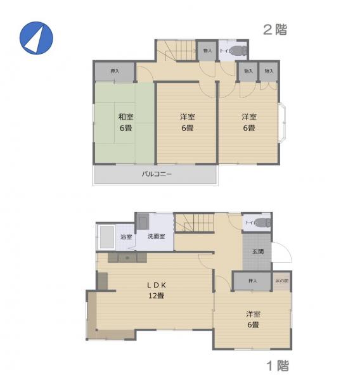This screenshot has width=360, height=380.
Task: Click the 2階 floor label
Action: pos(275,29)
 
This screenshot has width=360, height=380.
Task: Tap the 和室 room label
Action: pos(125,117)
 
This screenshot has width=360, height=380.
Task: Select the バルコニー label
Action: pos(156,174)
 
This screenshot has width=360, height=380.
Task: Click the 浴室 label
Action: pos(126,237)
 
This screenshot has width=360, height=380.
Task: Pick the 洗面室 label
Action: pos(156,236)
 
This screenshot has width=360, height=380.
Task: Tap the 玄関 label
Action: pos(258,251)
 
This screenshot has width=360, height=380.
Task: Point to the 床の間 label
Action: pos(282,280)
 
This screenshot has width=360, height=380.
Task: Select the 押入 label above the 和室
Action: pos(114,71)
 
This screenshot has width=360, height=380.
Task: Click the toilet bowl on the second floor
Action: pos(237,50)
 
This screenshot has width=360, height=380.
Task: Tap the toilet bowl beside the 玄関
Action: pos(263,222)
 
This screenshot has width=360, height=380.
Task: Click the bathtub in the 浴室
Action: pos(106,237)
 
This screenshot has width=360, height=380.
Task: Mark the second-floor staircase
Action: pos(176,50)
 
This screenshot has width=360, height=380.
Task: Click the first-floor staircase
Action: pos(193,224)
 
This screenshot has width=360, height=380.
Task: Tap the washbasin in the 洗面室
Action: pos(143,222)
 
